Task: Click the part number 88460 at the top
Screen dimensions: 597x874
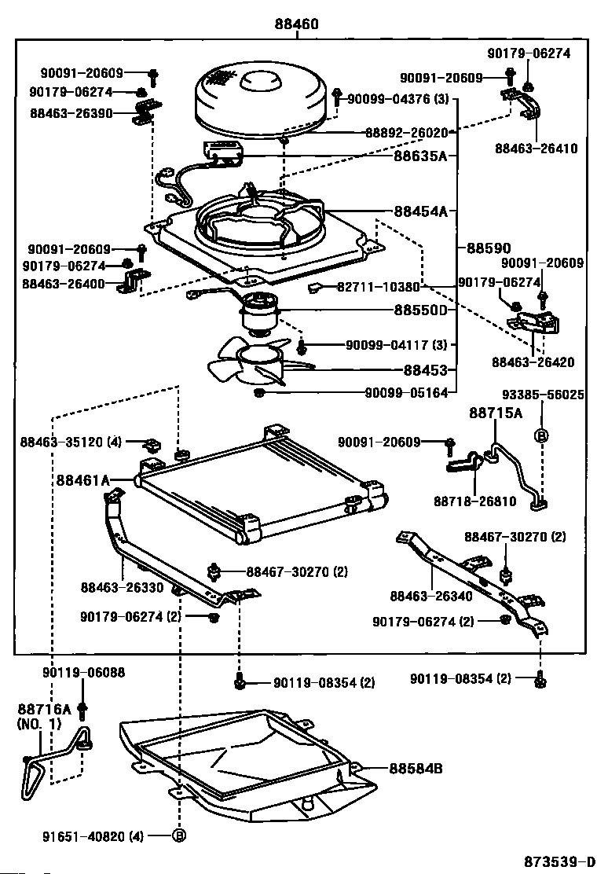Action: point(296,24)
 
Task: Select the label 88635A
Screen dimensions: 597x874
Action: point(420,156)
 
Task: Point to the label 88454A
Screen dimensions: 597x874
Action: point(420,211)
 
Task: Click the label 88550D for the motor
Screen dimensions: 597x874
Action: point(420,310)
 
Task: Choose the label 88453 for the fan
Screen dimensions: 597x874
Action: point(426,370)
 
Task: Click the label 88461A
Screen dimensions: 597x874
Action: point(83,480)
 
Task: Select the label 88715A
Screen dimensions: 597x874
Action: point(496,413)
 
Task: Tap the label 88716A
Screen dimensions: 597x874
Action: point(45,710)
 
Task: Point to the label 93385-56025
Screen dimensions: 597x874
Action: point(543,395)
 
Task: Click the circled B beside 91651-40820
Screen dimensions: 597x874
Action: point(179,836)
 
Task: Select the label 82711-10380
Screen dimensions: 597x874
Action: point(378,287)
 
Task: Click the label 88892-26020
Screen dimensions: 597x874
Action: point(407,133)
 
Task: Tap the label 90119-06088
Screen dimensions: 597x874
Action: point(83,673)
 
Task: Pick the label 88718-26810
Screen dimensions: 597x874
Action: point(475,501)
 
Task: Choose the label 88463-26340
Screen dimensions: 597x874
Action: point(431,597)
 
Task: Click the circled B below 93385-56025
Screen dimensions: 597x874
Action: point(541,436)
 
